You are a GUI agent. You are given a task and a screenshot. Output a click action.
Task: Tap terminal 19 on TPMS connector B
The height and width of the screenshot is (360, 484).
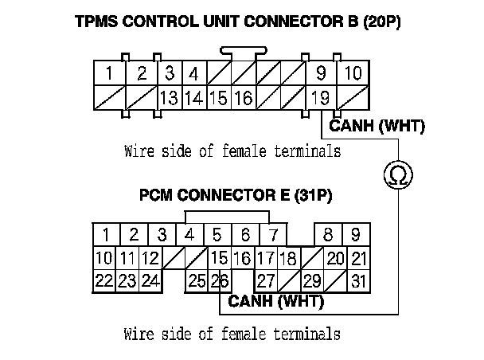pos(320,99)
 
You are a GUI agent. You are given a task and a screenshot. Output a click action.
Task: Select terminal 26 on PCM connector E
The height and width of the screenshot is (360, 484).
pos(220,280)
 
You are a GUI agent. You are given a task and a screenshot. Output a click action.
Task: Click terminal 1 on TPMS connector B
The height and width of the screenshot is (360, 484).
pos(108,75)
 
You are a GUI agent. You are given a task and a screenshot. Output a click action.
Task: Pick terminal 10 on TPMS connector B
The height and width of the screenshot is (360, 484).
pos(353,75)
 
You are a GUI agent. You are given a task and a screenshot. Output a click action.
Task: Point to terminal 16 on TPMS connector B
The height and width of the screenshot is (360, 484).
pos(243,99)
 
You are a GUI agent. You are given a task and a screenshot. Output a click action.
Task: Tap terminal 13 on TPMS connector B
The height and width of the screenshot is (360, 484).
pos(168,99)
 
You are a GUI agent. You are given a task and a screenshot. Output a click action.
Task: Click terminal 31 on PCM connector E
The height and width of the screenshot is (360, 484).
pos(359,280)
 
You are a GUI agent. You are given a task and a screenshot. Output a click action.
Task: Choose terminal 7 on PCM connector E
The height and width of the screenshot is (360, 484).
pos(272,235)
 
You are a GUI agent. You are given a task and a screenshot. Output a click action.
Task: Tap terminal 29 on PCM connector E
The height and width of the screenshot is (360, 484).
pos(311,280)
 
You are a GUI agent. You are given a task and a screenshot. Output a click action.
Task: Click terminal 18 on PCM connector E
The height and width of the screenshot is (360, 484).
pos(288,258)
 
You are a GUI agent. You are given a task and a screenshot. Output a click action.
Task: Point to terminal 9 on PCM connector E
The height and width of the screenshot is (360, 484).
pos(356,235)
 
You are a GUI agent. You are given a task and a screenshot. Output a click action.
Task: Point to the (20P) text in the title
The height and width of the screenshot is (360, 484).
pos(381,22)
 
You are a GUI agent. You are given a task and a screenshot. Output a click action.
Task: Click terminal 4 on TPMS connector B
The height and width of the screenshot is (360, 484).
pos(193,75)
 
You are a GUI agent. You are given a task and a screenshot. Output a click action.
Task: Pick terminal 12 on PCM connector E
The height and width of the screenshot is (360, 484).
pos(150,258)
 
